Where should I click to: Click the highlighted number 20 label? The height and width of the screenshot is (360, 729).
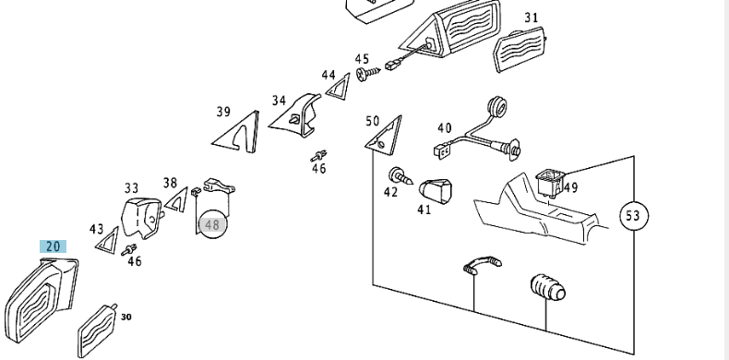tap(53, 246)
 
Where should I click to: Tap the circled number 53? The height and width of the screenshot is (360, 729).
tap(634, 216)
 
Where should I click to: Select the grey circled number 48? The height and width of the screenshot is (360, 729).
tap(212, 225)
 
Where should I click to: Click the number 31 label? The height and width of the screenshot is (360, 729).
tap(532, 18)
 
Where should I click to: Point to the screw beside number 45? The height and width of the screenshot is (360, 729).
tap(369, 73)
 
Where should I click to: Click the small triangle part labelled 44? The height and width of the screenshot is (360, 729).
tap(338, 87)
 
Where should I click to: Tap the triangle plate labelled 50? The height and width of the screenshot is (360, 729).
tap(384, 135)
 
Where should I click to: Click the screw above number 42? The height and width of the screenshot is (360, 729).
tap(400, 176)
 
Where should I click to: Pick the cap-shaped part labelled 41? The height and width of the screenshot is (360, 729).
tap(436, 191)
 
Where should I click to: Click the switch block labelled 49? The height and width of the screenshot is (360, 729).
tap(551, 182)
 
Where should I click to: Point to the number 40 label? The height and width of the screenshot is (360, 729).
tap(444, 128)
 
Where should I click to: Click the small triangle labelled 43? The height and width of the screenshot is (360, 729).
tap(107, 240)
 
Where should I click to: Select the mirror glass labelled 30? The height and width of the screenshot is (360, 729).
tap(97, 330)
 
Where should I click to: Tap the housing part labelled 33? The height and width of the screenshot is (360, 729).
tap(142, 218)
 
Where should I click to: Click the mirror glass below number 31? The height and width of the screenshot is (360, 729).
tap(520, 49)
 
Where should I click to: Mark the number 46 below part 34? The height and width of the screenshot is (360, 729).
tap(319, 168)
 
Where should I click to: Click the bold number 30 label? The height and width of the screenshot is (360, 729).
tap(126, 317)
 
